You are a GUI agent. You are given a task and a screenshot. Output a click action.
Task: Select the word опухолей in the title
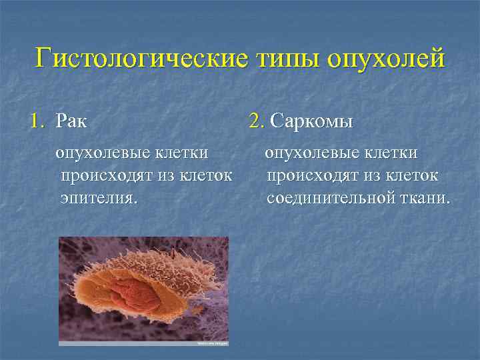(x=385, y=58)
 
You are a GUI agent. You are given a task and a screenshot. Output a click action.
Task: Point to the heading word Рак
(x=71, y=121)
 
